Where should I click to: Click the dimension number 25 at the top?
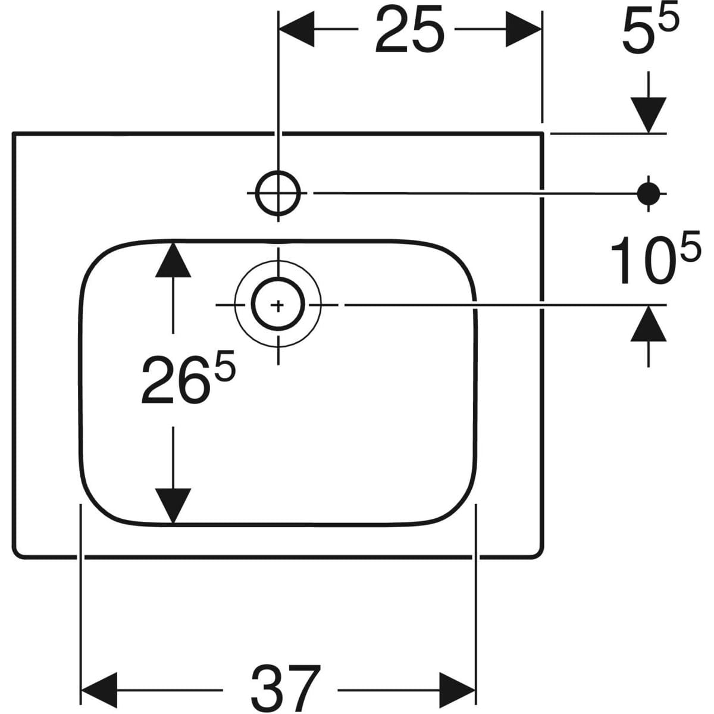[411, 30]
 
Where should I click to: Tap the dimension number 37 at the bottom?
[286, 689]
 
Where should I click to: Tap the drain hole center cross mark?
[278, 305]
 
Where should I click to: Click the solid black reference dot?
[647, 192]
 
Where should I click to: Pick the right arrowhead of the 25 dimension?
[524, 29]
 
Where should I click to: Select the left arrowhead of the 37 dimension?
[99, 691]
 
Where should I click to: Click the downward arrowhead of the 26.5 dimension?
[173, 506]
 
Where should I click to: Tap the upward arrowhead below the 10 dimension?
[648, 324]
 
